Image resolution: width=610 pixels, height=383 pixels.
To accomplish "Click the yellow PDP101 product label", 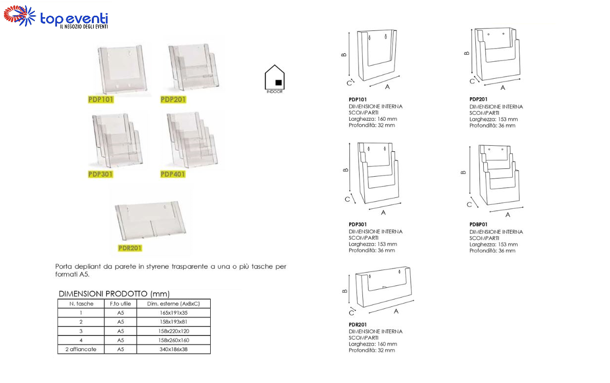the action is (101, 100).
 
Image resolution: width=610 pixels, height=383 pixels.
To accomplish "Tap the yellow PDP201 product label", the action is (173, 100).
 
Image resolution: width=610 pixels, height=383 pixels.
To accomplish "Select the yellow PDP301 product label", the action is (101, 174).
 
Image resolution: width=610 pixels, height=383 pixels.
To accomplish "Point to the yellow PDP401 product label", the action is (173, 174).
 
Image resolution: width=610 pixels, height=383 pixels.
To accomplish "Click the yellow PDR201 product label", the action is (130, 248).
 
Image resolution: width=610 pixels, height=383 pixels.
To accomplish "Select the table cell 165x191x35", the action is (173, 313).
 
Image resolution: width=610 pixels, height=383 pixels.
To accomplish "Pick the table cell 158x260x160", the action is (173, 340).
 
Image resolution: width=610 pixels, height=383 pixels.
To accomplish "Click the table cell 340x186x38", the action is (173, 349).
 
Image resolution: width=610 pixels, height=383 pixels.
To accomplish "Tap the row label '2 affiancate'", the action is (81, 349).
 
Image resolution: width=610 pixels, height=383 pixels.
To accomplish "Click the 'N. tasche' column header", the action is (81, 304).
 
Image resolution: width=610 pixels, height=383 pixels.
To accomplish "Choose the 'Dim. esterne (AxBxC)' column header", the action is (173, 304).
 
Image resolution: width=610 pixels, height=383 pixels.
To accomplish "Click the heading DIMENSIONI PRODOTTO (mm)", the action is (114, 294).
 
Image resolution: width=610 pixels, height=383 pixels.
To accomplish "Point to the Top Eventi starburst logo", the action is (20, 16).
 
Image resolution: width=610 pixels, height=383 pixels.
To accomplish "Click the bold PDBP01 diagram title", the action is (478, 224).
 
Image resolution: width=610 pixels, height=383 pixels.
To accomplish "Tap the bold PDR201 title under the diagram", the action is (358, 325).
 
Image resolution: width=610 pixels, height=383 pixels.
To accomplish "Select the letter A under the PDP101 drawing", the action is (387, 87).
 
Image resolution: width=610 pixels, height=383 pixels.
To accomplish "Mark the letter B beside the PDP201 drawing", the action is (467, 53).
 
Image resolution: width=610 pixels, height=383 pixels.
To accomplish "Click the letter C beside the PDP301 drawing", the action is (347, 199).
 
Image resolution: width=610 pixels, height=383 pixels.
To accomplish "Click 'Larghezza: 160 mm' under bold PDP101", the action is (373, 119).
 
